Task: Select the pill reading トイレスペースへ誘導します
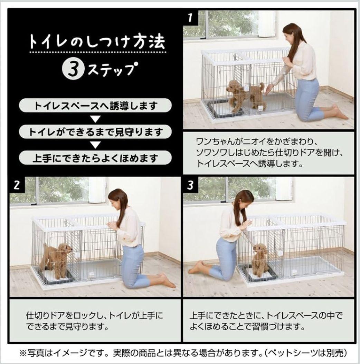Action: click(x=95, y=106)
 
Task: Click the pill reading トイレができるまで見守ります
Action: click(x=95, y=132)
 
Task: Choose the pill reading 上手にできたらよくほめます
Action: click(x=95, y=158)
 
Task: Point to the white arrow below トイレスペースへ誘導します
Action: click(x=95, y=119)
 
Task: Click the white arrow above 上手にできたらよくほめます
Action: click(x=95, y=145)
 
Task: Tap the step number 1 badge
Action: click(x=190, y=18)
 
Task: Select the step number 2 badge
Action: click(x=16, y=185)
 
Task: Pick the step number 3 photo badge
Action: click(x=190, y=185)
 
